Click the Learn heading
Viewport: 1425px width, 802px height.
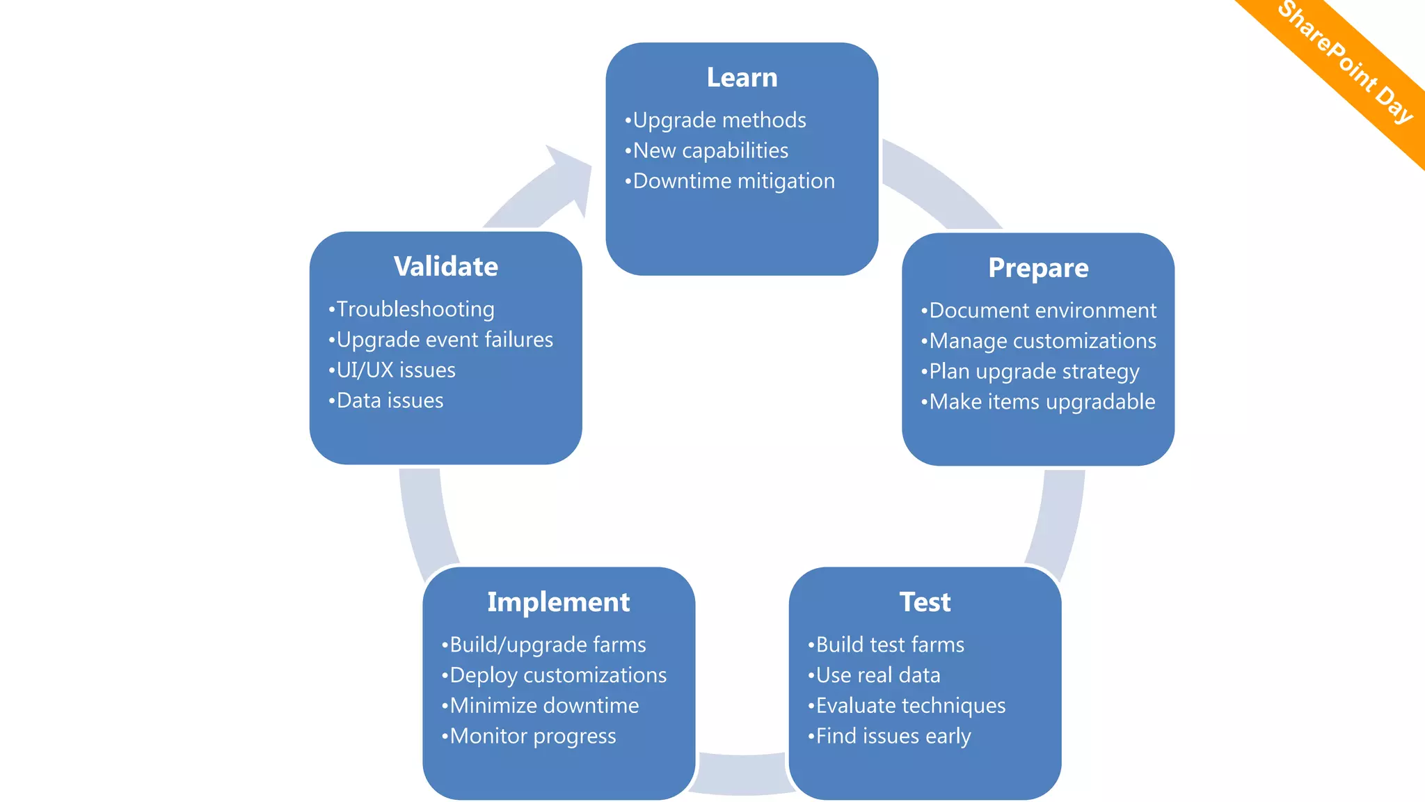click(742, 77)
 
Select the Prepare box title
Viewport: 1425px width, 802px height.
click(1038, 268)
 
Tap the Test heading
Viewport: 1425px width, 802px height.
click(925, 602)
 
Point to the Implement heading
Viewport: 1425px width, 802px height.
click(558, 602)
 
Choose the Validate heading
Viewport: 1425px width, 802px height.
click(445, 267)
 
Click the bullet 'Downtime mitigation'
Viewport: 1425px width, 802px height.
click(733, 181)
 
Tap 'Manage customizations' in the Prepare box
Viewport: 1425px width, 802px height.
click(1042, 341)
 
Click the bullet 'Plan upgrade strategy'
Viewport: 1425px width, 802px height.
click(1034, 372)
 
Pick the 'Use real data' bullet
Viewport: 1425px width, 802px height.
click(877, 675)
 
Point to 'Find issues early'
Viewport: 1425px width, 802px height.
click(893, 737)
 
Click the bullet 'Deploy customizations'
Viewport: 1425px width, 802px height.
click(557, 675)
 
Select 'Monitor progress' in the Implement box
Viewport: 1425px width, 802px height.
click(532, 737)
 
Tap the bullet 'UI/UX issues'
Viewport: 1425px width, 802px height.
click(395, 370)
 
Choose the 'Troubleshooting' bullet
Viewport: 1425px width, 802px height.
click(415, 309)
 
